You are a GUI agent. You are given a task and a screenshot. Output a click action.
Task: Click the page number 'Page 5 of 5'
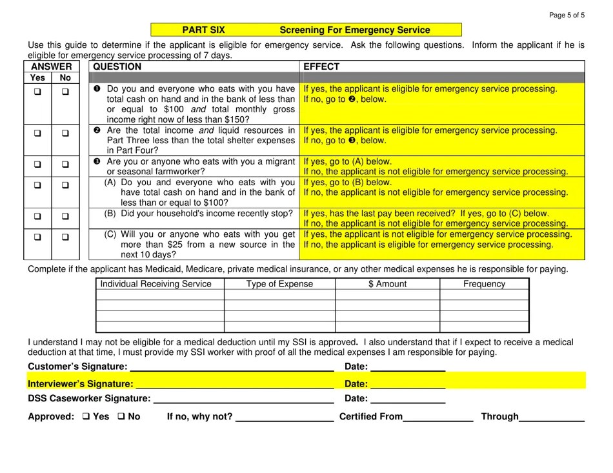pyautogui.click(x=567, y=15)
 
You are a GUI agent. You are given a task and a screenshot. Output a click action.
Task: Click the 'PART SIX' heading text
pyautogui.click(x=203, y=30)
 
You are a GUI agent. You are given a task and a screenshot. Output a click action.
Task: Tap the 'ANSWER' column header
pyautogui.click(x=51, y=66)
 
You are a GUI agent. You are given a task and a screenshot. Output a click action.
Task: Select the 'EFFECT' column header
pyautogui.click(x=321, y=66)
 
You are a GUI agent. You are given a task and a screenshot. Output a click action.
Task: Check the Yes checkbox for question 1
pyautogui.click(x=37, y=92)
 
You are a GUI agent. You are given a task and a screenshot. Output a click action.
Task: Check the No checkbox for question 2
pyautogui.click(x=65, y=133)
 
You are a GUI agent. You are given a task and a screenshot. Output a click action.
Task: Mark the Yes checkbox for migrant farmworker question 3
pyautogui.click(x=37, y=165)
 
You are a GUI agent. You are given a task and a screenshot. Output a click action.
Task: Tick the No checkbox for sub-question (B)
pyautogui.click(x=65, y=216)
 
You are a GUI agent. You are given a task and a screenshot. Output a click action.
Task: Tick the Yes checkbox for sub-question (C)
pyautogui.click(x=37, y=237)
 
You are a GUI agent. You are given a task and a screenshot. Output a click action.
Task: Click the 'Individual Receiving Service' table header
pyautogui.click(x=156, y=284)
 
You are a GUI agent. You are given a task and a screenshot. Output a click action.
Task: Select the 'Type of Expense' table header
pyautogui.click(x=279, y=284)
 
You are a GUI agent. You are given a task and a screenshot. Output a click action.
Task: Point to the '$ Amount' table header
pyautogui.click(x=387, y=284)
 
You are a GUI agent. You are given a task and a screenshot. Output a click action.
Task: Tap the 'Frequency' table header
pyautogui.click(x=484, y=284)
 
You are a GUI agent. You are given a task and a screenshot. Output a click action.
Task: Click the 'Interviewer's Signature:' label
pyautogui.click(x=80, y=384)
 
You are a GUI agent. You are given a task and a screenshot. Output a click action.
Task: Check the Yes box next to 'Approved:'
pyautogui.click(x=86, y=417)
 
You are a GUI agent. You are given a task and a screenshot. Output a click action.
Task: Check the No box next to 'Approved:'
pyautogui.click(x=121, y=417)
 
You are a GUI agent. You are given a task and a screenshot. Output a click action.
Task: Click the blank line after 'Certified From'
pyautogui.click(x=438, y=419)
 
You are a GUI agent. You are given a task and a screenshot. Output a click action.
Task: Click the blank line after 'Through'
pyautogui.click(x=552, y=419)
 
